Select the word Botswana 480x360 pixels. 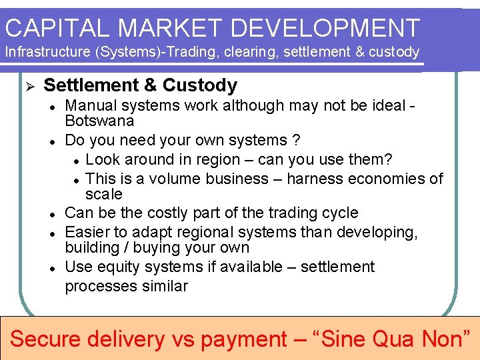click(x=99, y=121)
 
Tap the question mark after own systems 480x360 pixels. click(x=297, y=141)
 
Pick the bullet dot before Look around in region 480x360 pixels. click(x=77, y=161)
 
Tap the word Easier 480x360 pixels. click(x=87, y=233)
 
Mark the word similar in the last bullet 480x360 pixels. click(x=165, y=287)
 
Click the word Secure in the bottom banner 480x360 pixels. click(x=49, y=339)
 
